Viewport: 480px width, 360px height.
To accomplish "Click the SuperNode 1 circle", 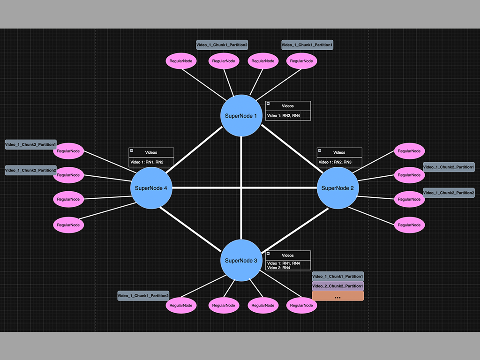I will [x=241, y=116].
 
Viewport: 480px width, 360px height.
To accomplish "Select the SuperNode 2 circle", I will [x=338, y=188].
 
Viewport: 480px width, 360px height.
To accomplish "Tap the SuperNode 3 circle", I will [x=241, y=261].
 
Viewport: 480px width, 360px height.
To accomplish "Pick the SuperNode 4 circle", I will [x=151, y=188].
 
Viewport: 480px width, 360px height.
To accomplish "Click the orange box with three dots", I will [x=337, y=296].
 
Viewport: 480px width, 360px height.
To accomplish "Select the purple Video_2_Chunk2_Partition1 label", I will [x=337, y=286].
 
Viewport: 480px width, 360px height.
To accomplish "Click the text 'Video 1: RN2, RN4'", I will [x=283, y=115].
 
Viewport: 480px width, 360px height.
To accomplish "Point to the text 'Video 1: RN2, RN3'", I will [x=335, y=162].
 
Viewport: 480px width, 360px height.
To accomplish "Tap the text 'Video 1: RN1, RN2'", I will [x=146, y=162].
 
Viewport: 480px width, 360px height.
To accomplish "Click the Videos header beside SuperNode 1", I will [x=288, y=106].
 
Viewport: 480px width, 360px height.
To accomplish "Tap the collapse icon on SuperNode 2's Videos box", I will [x=320, y=150].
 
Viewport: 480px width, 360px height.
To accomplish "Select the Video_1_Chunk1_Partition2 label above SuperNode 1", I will [x=222, y=45].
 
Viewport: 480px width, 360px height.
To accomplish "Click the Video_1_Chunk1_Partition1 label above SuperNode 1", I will [x=307, y=45].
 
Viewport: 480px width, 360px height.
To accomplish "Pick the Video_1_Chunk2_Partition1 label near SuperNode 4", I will [x=30, y=145].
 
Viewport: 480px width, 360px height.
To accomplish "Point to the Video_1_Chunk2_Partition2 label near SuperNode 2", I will [x=449, y=193].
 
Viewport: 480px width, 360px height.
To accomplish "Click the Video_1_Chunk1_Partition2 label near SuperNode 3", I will [x=143, y=296].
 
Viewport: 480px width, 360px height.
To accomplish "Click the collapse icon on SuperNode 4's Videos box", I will [x=132, y=150].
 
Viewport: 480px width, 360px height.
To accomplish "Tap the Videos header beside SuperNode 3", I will [x=288, y=255].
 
